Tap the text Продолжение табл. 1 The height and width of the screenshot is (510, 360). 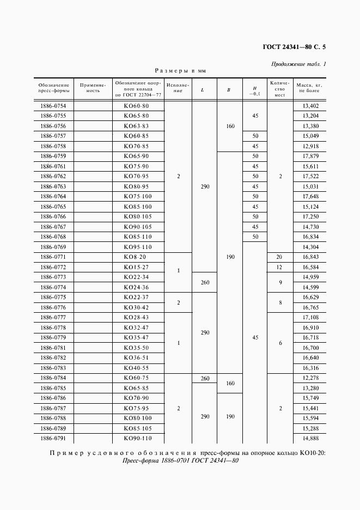pyautogui.click(x=298, y=64)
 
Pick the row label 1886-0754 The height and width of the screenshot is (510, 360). pyautogui.click(x=53, y=106)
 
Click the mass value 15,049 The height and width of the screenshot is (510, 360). pyautogui.click(x=310, y=136)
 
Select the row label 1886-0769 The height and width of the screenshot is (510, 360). pyautogui.click(x=53, y=246)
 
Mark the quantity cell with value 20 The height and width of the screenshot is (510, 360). pyautogui.click(x=279, y=257)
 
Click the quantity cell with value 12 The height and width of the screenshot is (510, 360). pyautogui.click(x=279, y=266)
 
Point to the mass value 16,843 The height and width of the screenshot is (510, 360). pyautogui.click(x=310, y=257)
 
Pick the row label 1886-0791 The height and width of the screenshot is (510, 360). pyautogui.click(x=53, y=438)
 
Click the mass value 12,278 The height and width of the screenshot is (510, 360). pyautogui.click(x=310, y=378)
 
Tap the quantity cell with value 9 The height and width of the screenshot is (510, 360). pyautogui.click(x=279, y=282)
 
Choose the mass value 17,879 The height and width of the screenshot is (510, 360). pyautogui.click(x=310, y=156)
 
